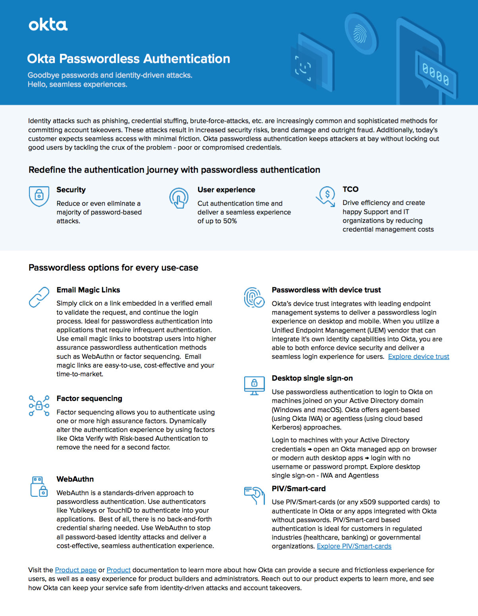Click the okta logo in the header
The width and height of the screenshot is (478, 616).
click(48, 25)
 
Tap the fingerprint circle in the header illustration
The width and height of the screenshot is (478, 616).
click(360, 34)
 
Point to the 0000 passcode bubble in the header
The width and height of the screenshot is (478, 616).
click(436, 74)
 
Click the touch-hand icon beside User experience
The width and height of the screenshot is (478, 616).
click(179, 198)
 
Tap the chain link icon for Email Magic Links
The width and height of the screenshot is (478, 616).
click(39, 297)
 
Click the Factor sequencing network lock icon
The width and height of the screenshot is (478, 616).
click(39, 405)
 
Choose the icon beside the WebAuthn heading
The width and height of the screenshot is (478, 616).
click(39, 486)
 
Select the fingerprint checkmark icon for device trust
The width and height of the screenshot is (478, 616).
click(254, 298)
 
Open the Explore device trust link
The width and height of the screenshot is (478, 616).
click(418, 357)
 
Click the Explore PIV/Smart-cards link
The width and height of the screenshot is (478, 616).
click(354, 546)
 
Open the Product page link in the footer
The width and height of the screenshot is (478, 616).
click(75, 570)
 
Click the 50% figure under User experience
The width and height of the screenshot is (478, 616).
click(230, 221)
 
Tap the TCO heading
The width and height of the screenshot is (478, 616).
click(351, 190)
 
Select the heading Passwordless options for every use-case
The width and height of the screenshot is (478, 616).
click(113, 268)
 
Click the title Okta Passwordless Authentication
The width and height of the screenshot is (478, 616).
click(128, 59)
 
